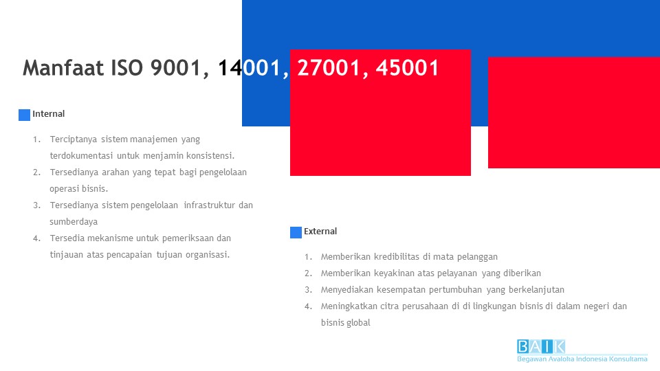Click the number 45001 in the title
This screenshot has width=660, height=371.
click(x=407, y=68)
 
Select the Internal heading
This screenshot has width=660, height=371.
click(x=49, y=114)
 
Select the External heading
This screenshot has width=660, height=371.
click(x=320, y=232)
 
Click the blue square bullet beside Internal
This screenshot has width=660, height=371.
click(x=24, y=115)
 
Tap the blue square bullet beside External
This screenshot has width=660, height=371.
click(x=296, y=232)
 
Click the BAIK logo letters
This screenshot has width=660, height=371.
click(x=541, y=346)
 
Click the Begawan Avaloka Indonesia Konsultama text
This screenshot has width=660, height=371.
click(x=582, y=359)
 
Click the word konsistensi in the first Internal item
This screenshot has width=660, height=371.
click(x=208, y=155)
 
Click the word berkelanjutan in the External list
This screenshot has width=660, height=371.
click(x=536, y=290)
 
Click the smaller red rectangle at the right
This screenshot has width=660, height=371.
click(x=573, y=112)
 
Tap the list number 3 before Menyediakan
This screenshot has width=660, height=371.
click(x=308, y=290)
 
